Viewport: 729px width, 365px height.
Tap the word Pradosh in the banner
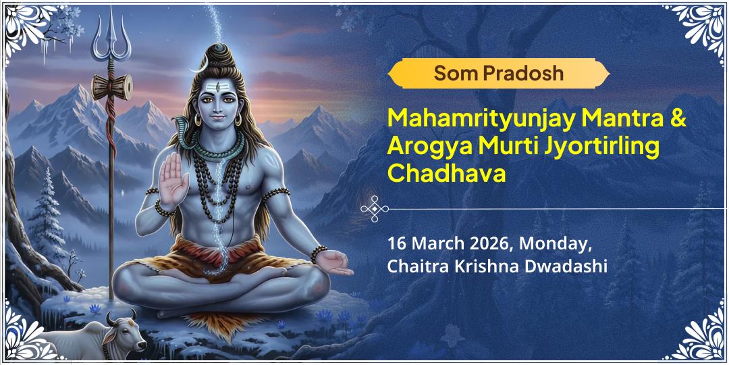tap(521, 73)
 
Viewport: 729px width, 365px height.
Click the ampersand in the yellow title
tap(678, 120)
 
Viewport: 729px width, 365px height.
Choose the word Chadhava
tap(446, 172)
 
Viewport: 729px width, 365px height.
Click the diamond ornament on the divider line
tap(373, 209)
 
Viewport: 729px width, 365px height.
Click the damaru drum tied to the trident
tap(111, 87)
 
